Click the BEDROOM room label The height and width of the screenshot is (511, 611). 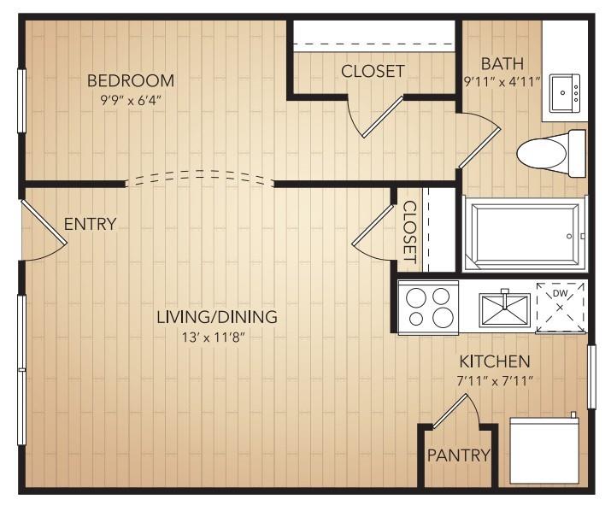tap(131, 81)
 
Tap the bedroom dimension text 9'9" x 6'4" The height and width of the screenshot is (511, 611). tap(131, 100)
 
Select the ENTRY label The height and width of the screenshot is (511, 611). tap(90, 225)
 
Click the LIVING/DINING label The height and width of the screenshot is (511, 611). tap(216, 317)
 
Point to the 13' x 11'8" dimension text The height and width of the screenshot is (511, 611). tap(216, 336)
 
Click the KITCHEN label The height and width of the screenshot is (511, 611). tap(494, 361)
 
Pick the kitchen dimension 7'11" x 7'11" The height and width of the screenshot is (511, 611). tap(494, 380)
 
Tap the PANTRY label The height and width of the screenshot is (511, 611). tap(460, 455)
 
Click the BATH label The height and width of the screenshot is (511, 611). tap(497, 64)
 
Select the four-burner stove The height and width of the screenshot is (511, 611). tap(429, 307)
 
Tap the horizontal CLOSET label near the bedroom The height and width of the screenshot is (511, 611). tap(373, 71)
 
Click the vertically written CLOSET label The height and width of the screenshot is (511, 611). tap(409, 232)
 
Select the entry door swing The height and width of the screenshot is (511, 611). tap(43, 231)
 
